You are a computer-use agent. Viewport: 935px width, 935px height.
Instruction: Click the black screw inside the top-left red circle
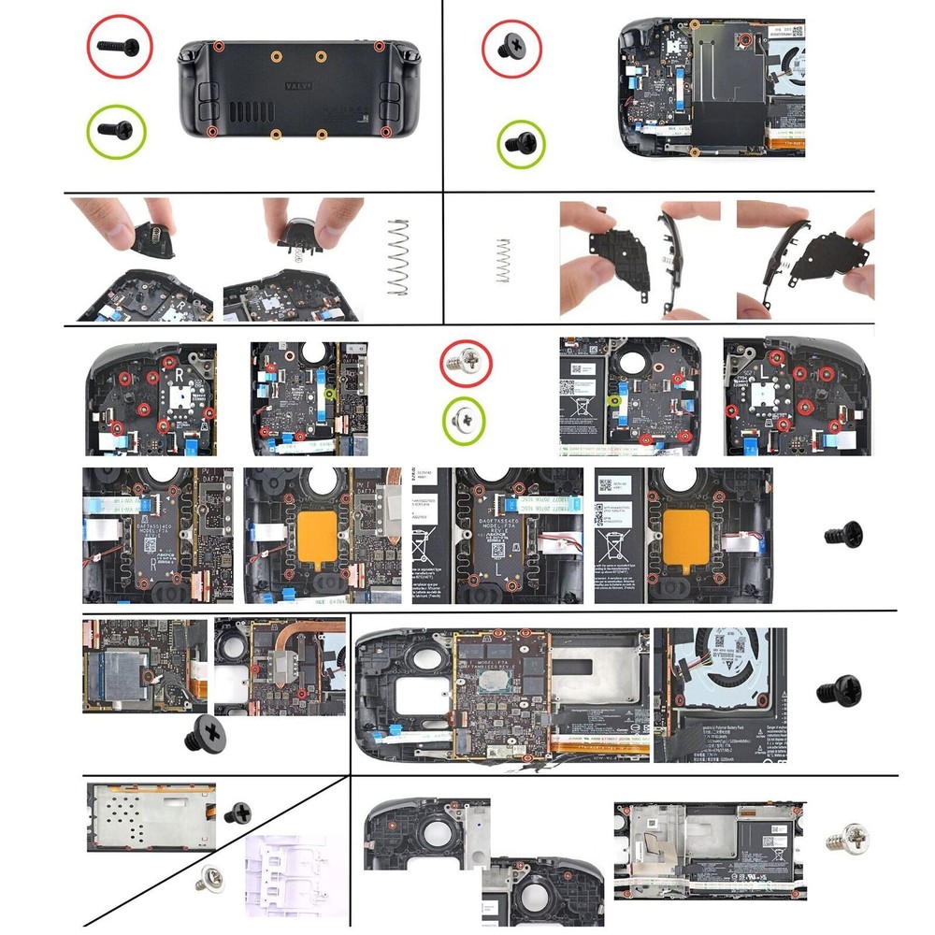122,44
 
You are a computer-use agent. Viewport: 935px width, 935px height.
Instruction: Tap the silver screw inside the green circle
467,419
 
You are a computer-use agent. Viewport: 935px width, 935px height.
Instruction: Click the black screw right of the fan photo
832,692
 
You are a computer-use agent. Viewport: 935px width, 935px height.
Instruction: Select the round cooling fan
739,654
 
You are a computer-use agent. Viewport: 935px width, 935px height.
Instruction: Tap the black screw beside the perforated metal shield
238,812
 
